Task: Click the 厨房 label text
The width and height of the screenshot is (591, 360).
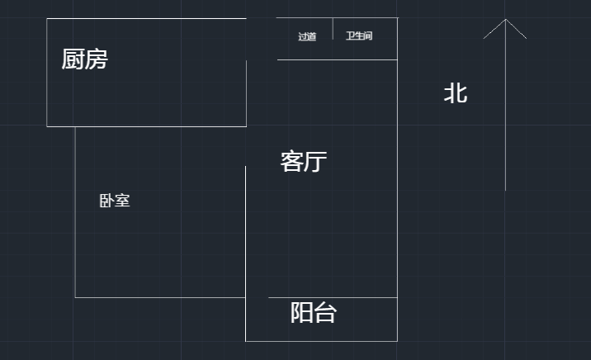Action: click(x=84, y=59)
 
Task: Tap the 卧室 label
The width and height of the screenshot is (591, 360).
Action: click(x=115, y=201)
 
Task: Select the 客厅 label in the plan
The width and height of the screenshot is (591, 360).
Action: click(x=304, y=162)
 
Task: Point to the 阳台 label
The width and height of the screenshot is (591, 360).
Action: click(x=313, y=313)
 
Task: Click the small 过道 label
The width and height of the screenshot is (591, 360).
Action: click(x=307, y=36)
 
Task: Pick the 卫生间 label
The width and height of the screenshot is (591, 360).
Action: click(x=359, y=36)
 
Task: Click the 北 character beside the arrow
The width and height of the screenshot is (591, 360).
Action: click(x=456, y=93)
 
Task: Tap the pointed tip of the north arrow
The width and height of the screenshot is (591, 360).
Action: click(x=505, y=20)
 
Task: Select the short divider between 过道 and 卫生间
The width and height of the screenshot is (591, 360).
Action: click(x=333, y=28)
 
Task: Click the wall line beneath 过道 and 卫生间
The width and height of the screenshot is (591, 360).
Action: click(x=337, y=59)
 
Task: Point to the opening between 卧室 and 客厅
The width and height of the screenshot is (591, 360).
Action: click(x=246, y=146)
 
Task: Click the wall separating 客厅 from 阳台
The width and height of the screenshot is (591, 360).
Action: click(x=333, y=297)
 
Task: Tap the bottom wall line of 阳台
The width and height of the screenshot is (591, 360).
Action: click(x=321, y=340)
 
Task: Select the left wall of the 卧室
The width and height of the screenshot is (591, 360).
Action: click(x=75, y=211)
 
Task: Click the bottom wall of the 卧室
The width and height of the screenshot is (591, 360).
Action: click(x=160, y=297)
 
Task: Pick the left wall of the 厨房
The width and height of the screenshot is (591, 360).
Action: click(x=47, y=73)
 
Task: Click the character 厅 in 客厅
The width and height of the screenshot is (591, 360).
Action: click(x=316, y=162)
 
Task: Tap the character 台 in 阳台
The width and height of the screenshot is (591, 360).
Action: click(x=325, y=313)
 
